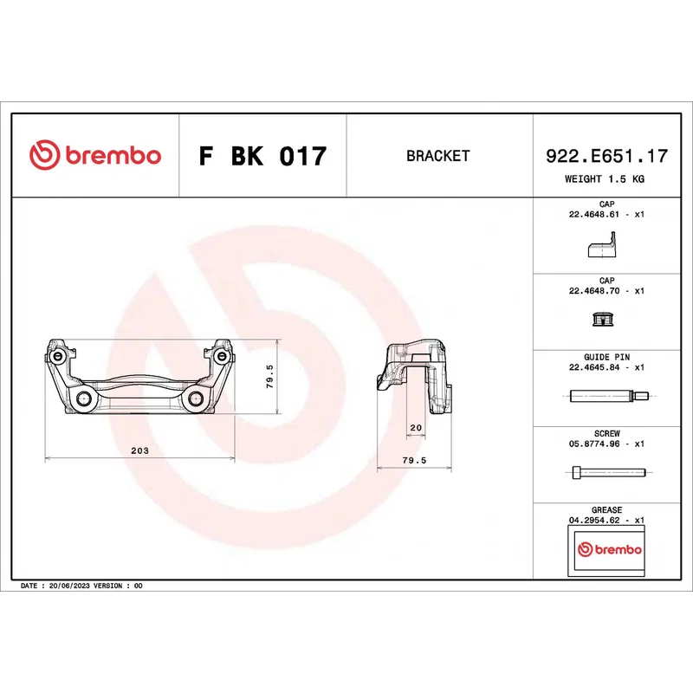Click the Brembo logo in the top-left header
[95, 155]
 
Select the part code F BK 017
[263, 156]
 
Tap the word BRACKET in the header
[438, 156]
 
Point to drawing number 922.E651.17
[607, 156]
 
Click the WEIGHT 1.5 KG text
[605, 179]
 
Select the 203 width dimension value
[139, 450]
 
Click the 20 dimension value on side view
[416, 427]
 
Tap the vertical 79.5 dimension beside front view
[269, 377]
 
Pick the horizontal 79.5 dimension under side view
[414, 460]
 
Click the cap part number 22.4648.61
[594, 214]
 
